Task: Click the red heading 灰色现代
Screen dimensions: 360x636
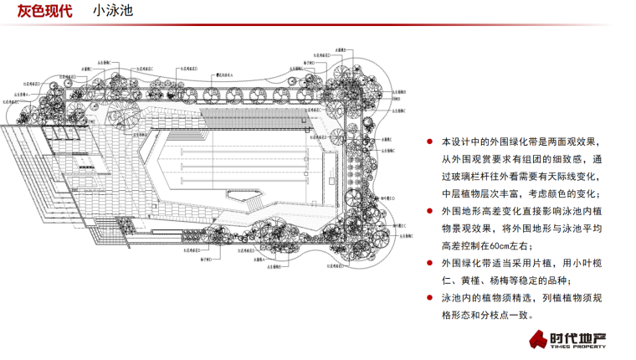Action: tap(44, 13)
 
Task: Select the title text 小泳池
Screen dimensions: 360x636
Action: tap(112, 13)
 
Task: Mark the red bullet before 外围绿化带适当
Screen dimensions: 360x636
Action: tap(430, 262)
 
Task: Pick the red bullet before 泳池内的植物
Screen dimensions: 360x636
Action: tap(430, 298)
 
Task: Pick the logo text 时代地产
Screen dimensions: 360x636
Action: tap(578, 337)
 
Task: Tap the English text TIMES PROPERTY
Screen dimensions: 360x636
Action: tap(578, 347)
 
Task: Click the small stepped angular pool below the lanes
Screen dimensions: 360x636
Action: tap(251, 200)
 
